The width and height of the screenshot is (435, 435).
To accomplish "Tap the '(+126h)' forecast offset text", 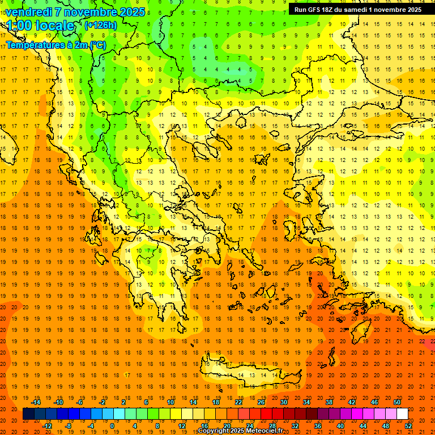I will [x=101, y=25].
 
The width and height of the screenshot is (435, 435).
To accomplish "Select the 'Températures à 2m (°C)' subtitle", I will [x=56, y=44].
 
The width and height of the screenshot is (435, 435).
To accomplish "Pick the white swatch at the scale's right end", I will [x=402, y=414].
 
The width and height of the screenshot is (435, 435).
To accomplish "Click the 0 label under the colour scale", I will [x=112, y=426].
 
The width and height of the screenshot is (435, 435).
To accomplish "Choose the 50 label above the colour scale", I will [x=396, y=402].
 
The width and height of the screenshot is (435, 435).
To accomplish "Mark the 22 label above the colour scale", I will [x=238, y=402].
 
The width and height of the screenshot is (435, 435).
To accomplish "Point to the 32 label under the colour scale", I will [x=295, y=426].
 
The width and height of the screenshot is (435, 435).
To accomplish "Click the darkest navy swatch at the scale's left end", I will [x=28, y=414].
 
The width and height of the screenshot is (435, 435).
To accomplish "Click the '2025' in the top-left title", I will [x=131, y=11].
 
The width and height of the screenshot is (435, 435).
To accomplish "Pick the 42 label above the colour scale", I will [x=352, y=402].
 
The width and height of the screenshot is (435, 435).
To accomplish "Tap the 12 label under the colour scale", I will [x=182, y=426].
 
